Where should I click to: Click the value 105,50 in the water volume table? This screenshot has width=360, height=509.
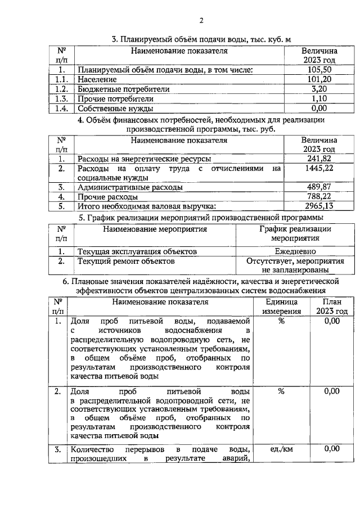(319, 70)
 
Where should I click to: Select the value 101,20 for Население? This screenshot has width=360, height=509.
(319, 79)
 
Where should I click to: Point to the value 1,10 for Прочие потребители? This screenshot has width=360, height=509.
(319, 98)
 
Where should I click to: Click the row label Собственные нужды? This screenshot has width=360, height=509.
(115, 108)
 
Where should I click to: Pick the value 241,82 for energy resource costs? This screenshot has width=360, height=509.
(319, 159)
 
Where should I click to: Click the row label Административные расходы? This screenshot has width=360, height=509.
(130, 187)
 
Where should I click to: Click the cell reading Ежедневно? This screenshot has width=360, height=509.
(295, 251)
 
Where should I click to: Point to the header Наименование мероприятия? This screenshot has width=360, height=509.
(155, 229)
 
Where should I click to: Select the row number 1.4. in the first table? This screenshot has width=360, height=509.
(62, 108)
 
